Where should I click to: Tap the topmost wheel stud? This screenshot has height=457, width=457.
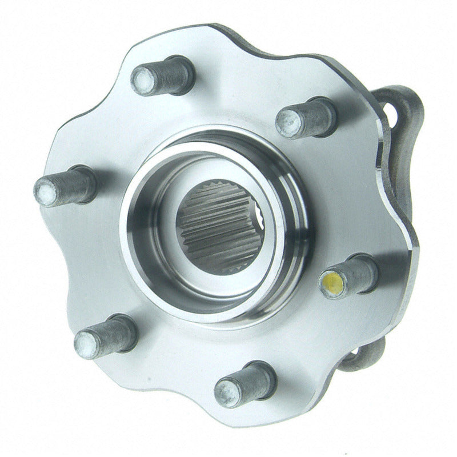tap(163, 77)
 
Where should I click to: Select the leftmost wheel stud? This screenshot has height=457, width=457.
tap(65, 186)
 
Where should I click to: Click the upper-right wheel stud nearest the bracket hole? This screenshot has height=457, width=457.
tap(305, 118)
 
